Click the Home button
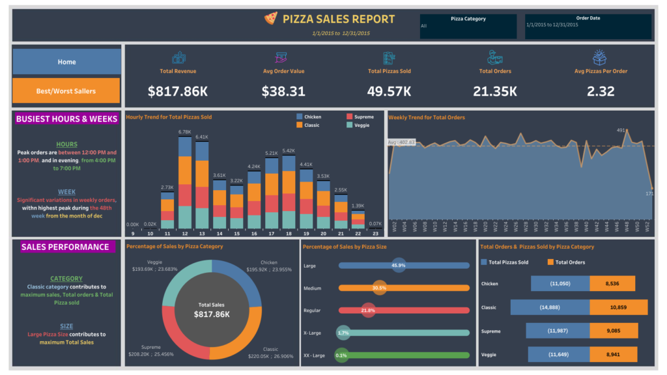66,62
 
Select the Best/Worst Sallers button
66,91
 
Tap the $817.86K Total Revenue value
177,91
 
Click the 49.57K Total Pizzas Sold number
389,91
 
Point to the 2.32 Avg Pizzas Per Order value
600,91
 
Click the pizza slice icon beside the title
270,19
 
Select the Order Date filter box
588,25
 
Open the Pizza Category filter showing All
468,26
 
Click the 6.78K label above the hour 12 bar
184,132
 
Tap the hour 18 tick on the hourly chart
288,233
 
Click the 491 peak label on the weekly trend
621,130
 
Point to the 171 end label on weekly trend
650,193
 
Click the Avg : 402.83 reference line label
402,142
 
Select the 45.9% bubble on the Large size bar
399,266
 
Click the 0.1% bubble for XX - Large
341,355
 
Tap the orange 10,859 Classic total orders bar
619,307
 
